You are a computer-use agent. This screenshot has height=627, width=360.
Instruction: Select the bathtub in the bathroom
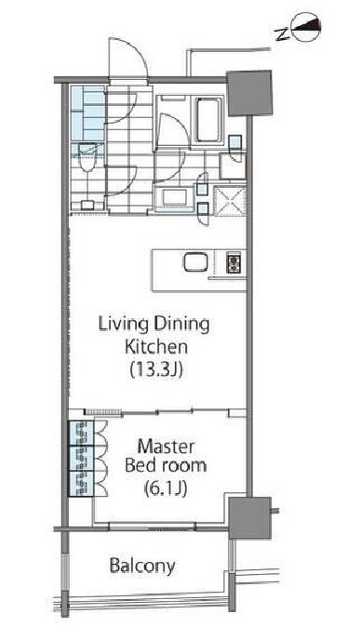[x=208, y=119]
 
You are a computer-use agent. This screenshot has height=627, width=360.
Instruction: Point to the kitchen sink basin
[x=195, y=262]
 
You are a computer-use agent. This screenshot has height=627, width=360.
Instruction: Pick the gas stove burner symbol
[x=233, y=262]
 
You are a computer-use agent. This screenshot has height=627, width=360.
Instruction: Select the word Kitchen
[x=156, y=347]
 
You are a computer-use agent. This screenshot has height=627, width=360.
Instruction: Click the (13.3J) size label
[x=156, y=370]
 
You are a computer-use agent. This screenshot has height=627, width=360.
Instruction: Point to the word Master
[x=166, y=447]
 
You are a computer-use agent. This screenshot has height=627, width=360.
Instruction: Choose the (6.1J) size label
[x=166, y=488]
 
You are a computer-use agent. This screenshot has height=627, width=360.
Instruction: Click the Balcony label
[x=142, y=567]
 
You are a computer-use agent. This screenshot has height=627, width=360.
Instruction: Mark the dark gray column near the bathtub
[x=249, y=93]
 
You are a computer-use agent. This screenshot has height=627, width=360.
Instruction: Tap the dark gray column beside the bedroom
[x=249, y=517]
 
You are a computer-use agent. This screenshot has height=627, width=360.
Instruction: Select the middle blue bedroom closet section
[x=82, y=458]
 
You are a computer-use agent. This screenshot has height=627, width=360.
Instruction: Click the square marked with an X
[x=230, y=201]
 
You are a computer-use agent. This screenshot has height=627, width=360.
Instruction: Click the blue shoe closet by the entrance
[x=87, y=113]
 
